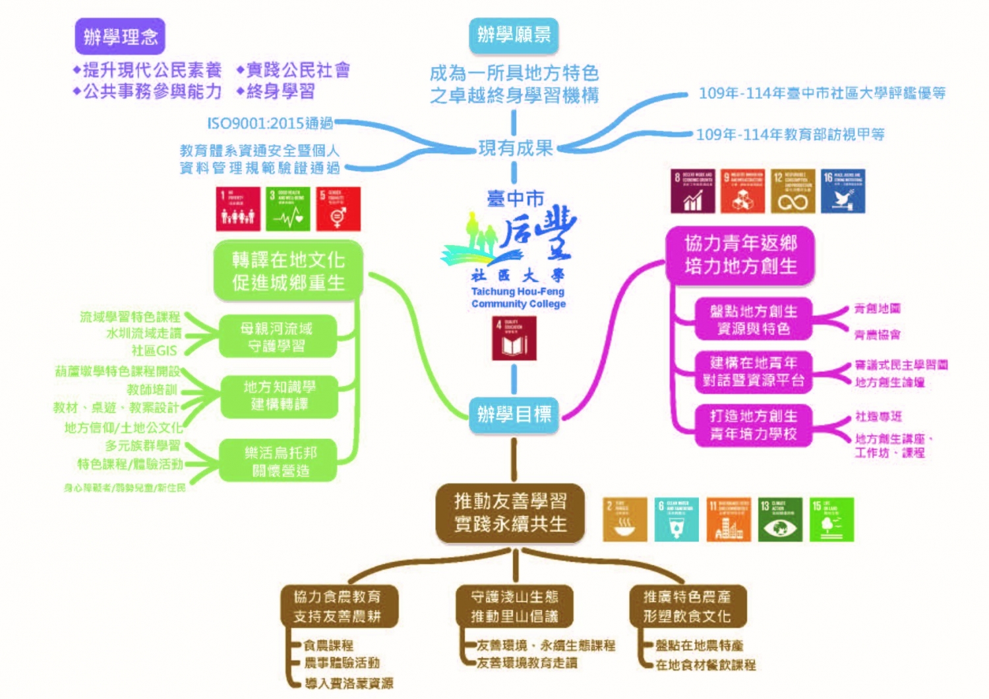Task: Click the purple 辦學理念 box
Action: point(120,36)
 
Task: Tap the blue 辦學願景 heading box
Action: point(514,35)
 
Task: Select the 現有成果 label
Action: point(515,148)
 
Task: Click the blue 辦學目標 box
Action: point(514,414)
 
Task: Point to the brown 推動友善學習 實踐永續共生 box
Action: point(510,513)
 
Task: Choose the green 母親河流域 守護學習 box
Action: point(277,337)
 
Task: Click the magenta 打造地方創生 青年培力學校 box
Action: point(753,425)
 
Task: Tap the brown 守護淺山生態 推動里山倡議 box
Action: point(514,606)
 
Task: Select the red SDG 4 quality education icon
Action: point(514,338)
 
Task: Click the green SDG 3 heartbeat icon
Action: point(287,209)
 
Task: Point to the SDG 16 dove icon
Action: point(843,192)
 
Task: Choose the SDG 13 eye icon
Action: point(779,520)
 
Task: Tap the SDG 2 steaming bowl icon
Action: point(624,520)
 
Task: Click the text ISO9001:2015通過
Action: point(270,123)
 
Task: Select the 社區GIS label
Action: point(154,350)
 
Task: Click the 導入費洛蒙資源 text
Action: point(349,683)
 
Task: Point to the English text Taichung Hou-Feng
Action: point(518,291)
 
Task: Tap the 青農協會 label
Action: point(877,335)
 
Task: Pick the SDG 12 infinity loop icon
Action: point(793,192)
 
